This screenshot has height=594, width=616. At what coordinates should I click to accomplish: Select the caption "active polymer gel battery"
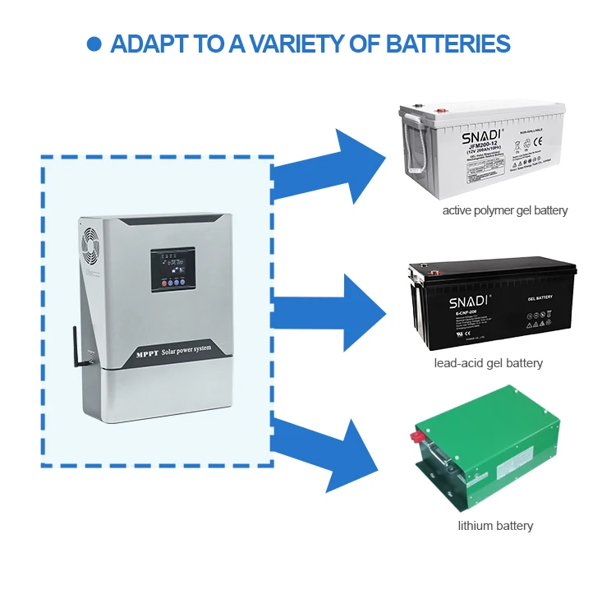[504, 210]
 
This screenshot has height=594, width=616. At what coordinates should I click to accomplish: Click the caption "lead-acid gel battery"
[488, 362]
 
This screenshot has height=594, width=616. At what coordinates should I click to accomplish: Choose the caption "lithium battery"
[495, 526]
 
